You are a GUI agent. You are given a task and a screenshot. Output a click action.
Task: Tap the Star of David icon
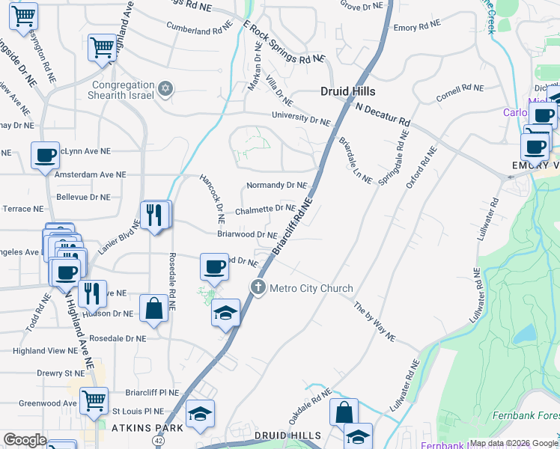coord(166,90)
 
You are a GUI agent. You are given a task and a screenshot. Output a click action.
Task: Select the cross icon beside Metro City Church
coord(258,287)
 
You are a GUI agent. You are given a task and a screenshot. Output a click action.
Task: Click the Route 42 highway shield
coord(159,442)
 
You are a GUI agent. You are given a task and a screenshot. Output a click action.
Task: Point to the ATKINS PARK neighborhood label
coord(143,429)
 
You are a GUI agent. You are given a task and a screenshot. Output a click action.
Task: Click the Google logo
coord(25,440)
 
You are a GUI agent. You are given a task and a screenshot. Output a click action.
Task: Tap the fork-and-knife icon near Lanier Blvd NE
coord(155,216)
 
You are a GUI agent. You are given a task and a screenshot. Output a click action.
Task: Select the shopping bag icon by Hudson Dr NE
coord(153,309)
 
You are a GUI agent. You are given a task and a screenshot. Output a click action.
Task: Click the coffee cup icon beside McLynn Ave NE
coord(45,155)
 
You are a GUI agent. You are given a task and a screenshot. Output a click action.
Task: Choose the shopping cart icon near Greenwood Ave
coord(94,400)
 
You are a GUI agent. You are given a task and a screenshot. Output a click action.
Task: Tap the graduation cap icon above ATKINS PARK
coord(201,414)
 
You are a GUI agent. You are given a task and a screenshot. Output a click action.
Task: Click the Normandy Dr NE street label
coord(276,185)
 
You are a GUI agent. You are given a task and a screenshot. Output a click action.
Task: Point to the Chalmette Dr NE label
coord(265,210)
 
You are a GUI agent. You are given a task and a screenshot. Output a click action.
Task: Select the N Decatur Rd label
coord(383,114)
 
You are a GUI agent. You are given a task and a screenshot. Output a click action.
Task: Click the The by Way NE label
coord(374,322)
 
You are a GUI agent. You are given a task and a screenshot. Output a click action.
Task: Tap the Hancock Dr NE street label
coord(212,199)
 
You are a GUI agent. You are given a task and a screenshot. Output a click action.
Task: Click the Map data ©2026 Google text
coord(514,443)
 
